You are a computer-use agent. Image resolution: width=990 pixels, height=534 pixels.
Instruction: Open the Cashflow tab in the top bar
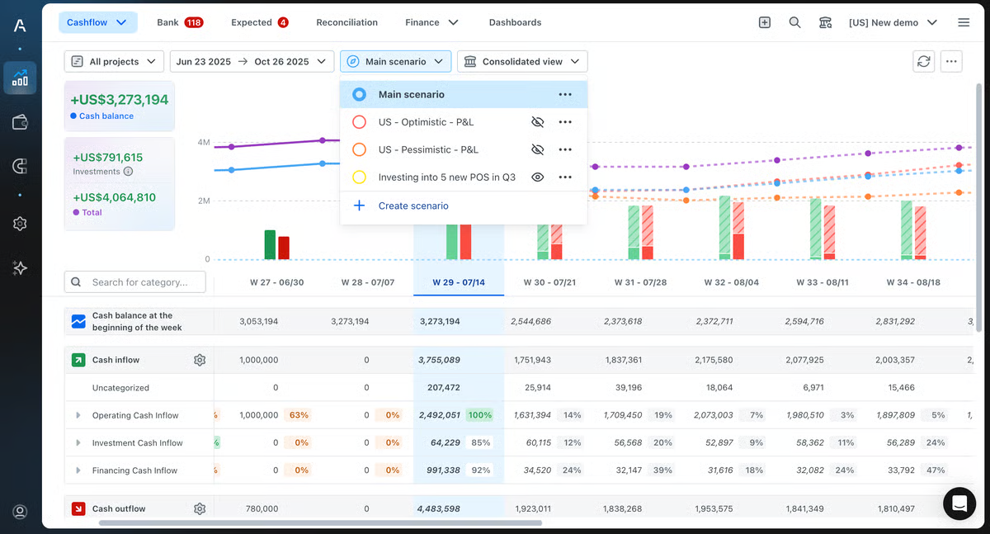(x=97, y=22)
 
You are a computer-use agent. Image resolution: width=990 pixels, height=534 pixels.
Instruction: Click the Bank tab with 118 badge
(x=180, y=22)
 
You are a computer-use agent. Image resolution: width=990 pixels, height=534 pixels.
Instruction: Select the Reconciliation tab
(x=346, y=22)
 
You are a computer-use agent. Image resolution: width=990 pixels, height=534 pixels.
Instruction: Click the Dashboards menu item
(x=515, y=22)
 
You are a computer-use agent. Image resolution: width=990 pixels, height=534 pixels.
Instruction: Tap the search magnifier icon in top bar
(x=794, y=22)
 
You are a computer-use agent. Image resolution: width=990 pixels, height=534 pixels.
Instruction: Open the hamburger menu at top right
(x=964, y=22)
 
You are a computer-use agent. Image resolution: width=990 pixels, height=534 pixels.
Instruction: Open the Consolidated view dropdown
(x=522, y=61)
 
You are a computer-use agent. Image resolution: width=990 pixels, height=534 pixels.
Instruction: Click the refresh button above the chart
(x=924, y=61)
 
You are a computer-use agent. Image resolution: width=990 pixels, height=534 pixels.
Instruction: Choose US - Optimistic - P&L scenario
(x=426, y=122)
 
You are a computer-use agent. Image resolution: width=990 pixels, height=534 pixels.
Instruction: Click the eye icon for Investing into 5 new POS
(x=538, y=177)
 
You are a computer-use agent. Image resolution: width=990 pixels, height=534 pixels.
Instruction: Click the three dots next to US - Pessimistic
(x=565, y=149)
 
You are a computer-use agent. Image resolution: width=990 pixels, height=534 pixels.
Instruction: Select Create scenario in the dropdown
(x=412, y=206)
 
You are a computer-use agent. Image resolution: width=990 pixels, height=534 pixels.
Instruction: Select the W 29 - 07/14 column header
(x=459, y=282)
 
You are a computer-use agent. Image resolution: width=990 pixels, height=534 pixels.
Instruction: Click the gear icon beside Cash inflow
(x=199, y=360)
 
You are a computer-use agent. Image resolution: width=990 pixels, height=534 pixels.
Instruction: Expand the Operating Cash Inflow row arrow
(x=78, y=415)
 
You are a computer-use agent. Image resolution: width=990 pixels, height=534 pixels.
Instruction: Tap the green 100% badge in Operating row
(x=479, y=415)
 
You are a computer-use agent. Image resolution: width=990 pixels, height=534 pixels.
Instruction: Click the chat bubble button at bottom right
(x=959, y=503)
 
